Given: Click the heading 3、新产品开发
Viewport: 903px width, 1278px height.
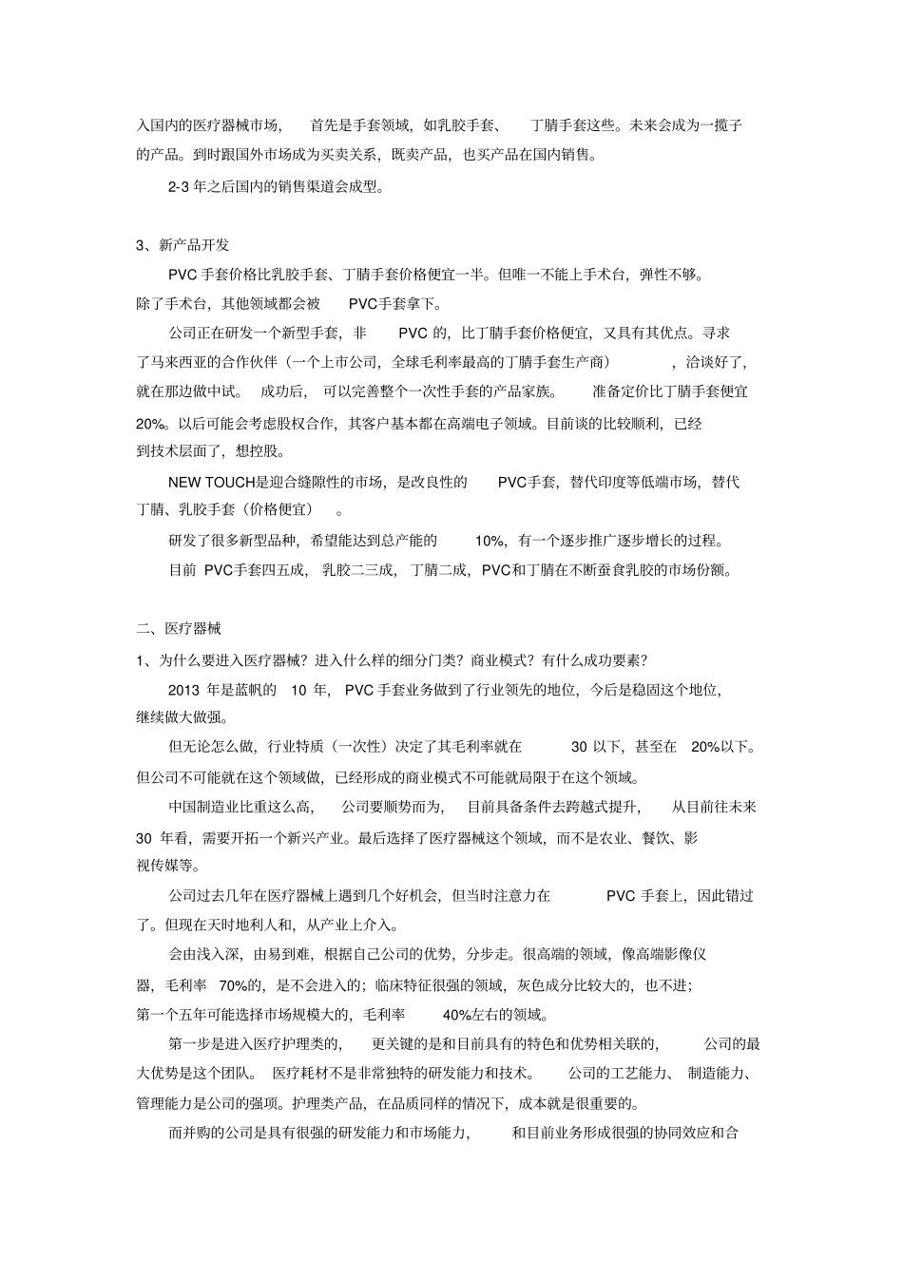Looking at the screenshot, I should pyautogui.click(x=183, y=245).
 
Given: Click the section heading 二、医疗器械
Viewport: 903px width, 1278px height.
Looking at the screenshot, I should pyautogui.click(x=180, y=628).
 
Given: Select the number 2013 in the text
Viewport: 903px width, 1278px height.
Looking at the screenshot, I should pyautogui.click(x=184, y=689).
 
